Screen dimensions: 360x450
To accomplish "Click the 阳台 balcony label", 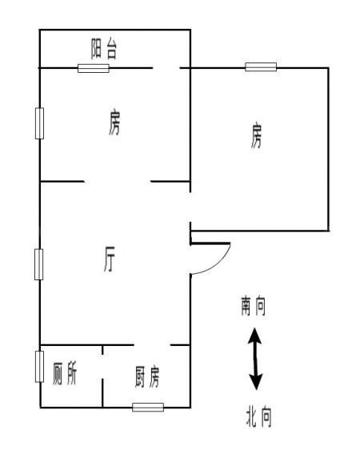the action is point(104,50).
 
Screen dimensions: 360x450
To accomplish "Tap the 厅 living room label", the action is point(110,259).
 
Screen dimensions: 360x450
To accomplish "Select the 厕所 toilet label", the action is point(65,374).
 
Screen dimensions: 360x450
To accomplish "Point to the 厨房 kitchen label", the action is point(147,376).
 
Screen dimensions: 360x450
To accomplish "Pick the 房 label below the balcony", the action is point(114,123).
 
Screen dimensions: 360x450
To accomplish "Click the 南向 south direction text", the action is point(254,306).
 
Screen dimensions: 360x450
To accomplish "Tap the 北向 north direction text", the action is point(258,416).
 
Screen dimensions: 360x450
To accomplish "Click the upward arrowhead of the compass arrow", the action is point(254,335).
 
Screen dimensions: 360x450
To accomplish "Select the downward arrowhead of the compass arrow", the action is point(256,381).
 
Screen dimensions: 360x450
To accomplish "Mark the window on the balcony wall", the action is point(94,68).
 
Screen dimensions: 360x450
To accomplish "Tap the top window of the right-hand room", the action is point(261,67).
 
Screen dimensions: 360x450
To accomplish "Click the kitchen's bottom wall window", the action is point(148,407).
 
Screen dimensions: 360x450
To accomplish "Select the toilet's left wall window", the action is point(39,367).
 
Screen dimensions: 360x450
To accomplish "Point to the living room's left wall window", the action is point(39,264).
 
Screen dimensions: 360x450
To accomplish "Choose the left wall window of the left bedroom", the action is point(39,123).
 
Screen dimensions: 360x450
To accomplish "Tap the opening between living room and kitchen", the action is point(152,344).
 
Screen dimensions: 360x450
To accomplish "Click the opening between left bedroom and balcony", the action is point(166,68).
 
